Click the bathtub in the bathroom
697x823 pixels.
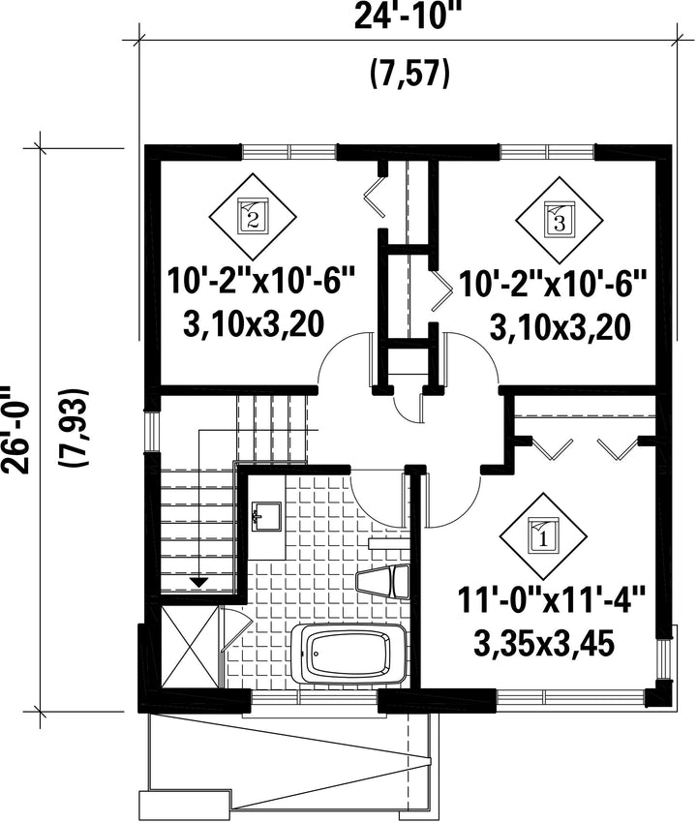click(x=349, y=654)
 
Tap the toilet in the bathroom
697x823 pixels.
click(x=382, y=581)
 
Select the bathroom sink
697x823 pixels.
click(x=266, y=516)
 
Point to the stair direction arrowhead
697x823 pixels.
click(x=198, y=582)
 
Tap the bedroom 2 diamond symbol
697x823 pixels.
click(x=253, y=217)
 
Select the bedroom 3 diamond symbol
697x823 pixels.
click(x=560, y=220)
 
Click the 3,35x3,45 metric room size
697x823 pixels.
click(x=544, y=643)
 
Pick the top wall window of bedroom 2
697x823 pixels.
click(x=289, y=152)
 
